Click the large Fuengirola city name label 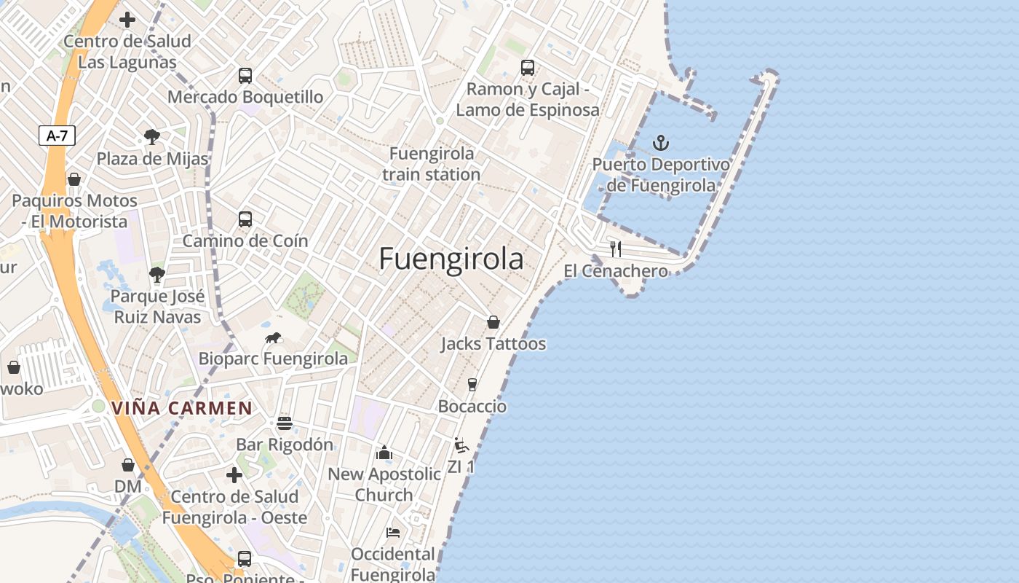[451, 259]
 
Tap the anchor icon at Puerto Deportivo [661, 142]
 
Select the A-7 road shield [57, 136]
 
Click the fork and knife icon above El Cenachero [616, 249]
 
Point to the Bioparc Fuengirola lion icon [274, 337]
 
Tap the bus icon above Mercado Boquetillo [245, 75]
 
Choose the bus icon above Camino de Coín [245, 219]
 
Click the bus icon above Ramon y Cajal [528, 68]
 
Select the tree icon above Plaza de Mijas [152, 136]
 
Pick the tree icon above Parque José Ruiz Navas [156, 275]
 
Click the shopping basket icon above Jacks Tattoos [493, 322]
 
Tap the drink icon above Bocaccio [472, 384]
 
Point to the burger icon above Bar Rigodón [285, 423]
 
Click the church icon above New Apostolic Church [384, 453]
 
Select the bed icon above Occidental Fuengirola [393, 533]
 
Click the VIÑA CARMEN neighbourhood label [182, 408]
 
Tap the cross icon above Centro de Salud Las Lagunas [127, 20]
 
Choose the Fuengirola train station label [432, 164]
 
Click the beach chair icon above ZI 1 [461, 445]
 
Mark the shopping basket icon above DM [128, 464]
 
